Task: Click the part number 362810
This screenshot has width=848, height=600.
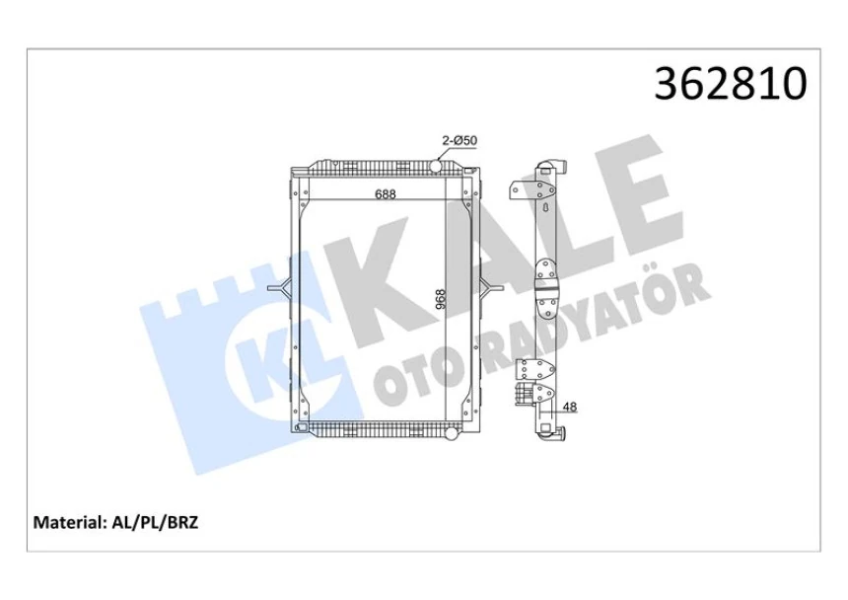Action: click(x=731, y=85)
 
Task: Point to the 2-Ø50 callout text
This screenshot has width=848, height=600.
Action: click(x=459, y=141)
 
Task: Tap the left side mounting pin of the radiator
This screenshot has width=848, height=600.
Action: click(x=278, y=288)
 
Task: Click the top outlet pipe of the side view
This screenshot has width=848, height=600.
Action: click(x=558, y=163)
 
